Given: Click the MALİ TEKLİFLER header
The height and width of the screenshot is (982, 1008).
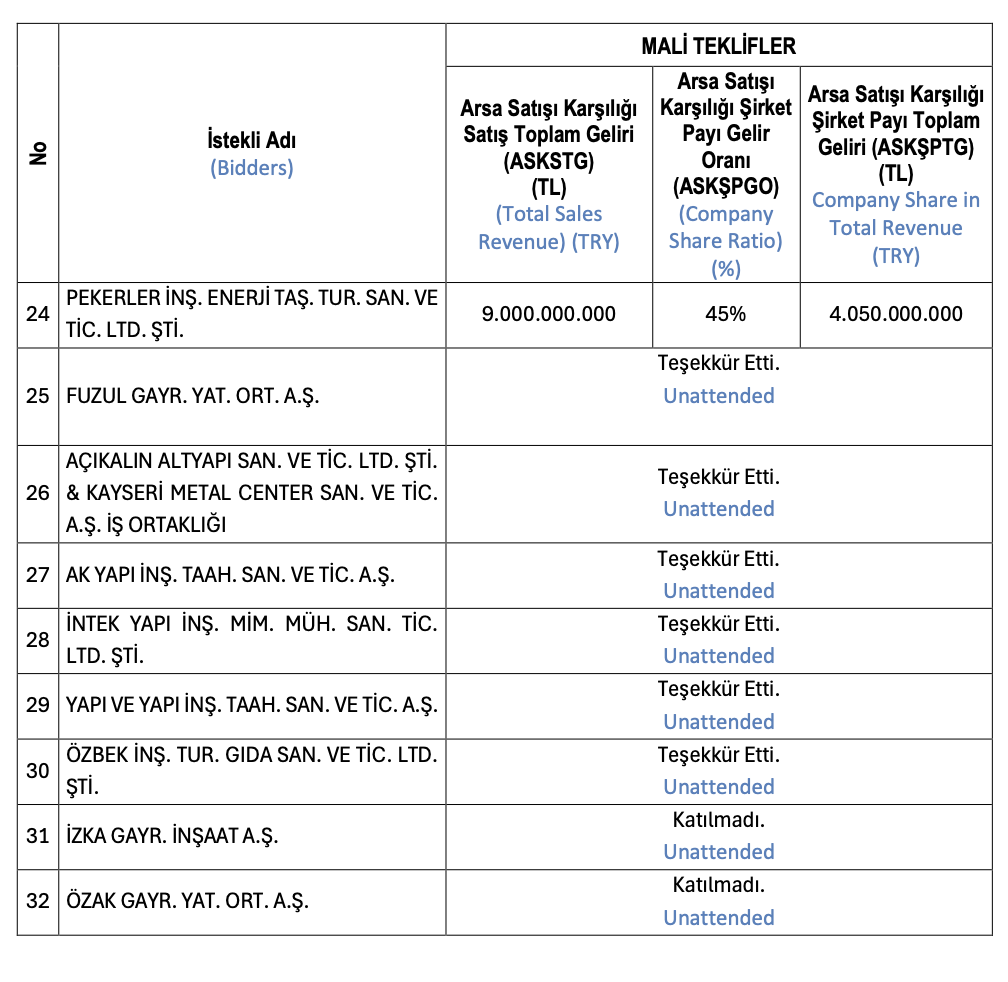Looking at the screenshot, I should (718, 46).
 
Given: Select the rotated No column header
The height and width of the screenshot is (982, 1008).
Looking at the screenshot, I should (38, 152).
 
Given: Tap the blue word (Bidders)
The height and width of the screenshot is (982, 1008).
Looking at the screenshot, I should (251, 168).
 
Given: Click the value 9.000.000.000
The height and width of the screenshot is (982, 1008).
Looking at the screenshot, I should (548, 314).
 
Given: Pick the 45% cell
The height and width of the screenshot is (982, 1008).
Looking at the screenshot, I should (725, 314).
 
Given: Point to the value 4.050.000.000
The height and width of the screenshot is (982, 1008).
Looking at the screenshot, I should (895, 314).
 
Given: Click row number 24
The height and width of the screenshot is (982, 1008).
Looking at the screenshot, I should (38, 314).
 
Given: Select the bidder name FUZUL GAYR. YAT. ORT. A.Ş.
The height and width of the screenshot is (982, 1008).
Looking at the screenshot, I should (192, 396).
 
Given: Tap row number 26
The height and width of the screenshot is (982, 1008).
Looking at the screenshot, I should (38, 493).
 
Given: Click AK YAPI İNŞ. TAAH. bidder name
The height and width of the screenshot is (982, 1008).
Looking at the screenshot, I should (230, 575).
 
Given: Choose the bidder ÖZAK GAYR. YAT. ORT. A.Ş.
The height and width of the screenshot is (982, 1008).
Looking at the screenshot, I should (187, 901).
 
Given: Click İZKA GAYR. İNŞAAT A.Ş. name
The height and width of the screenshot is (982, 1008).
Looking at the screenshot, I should (171, 836).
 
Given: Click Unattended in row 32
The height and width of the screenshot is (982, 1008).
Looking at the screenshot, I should (719, 918).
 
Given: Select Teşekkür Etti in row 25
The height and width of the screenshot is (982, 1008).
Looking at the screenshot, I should (719, 363).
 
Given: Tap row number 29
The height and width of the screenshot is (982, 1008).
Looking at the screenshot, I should (38, 705).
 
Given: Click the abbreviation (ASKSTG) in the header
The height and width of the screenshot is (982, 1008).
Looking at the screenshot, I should (548, 161).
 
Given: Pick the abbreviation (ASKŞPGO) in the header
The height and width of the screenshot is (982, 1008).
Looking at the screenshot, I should (725, 186).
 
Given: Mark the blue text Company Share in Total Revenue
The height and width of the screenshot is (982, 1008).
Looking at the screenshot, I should (895, 227).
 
